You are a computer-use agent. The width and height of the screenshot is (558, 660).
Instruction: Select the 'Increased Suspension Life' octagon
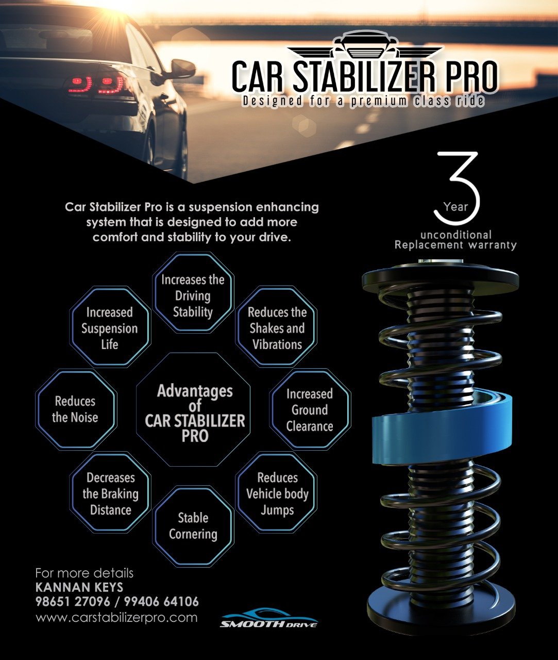[110, 326]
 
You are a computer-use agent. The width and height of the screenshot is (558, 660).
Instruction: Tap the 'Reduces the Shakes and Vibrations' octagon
[276, 326]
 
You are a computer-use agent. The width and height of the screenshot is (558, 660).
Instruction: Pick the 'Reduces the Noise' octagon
[76, 409]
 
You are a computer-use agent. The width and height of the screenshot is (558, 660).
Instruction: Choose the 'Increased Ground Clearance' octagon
[310, 409]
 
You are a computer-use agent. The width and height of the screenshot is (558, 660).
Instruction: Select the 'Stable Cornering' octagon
[193, 526]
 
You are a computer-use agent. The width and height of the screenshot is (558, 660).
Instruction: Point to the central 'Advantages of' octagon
[193, 410]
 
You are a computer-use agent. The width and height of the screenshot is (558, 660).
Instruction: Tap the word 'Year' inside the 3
[455, 207]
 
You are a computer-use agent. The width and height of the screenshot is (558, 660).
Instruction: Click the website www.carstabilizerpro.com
[116, 617]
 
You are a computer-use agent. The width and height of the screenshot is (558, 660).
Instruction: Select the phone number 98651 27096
[73, 602]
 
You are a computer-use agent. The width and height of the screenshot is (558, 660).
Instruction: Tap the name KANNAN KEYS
[79, 587]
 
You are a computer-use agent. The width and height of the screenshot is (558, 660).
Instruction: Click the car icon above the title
[365, 45]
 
